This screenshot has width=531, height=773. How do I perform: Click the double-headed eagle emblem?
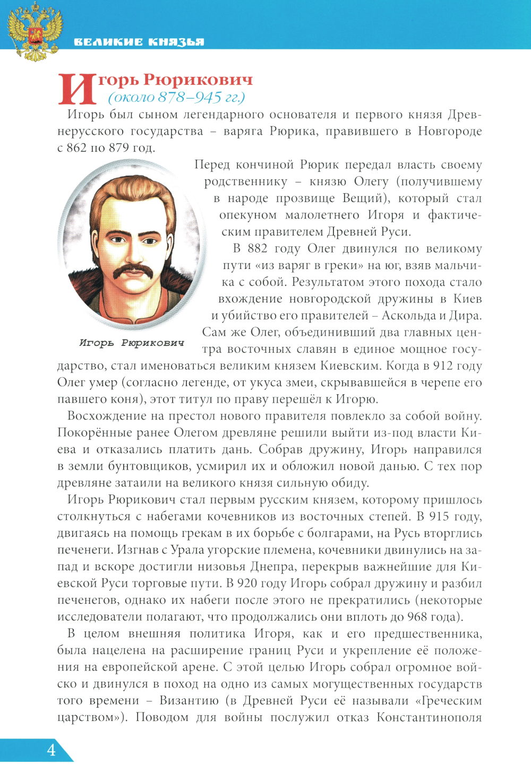click(x=35, y=32)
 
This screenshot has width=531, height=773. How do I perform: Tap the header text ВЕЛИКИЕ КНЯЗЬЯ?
click(x=139, y=42)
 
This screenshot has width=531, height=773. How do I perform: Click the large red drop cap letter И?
click(x=77, y=89)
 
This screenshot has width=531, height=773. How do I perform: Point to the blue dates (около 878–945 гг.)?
click(x=176, y=98)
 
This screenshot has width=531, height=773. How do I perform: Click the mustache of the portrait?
click(x=133, y=272)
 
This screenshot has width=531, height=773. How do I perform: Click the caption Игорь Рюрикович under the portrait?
click(x=132, y=343)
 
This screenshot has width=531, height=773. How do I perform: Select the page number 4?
click(x=51, y=750)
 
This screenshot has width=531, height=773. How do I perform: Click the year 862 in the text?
click(x=76, y=147)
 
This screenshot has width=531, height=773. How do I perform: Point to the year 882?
click(x=258, y=249)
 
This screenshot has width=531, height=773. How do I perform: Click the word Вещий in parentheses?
click(x=362, y=198)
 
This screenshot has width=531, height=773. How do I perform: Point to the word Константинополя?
click(x=429, y=718)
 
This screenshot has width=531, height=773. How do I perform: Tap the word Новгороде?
click(x=449, y=131)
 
